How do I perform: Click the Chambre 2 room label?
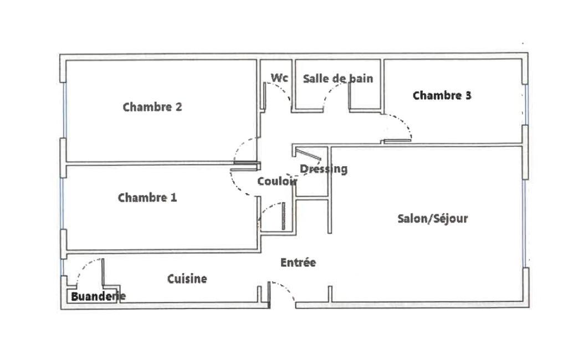pyautogui.click(x=152, y=107)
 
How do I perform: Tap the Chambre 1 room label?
pyautogui.click(x=147, y=198)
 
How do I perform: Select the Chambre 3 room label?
pyautogui.click(x=442, y=96)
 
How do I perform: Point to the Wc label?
pyautogui.click(x=280, y=78)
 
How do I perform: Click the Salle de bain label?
pyautogui.click(x=338, y=79)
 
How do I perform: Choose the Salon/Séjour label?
pyautogui.click(x=433, y=218)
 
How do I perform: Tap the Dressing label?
pyautogui.click(x=324, y=169)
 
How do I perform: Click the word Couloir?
pyautogui.click(x=277, y=181)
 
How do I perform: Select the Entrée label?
pyautogui.click(x=298, y=263)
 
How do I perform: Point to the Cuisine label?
pyautogui.click(x=187, y=279)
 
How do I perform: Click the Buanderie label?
pyautogui.click(x=98, y=297)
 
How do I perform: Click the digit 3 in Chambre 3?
pyautogui.click(x=468, y=96)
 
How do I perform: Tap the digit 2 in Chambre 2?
pyautogui.click(x=178, y=107)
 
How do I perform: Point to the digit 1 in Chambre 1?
pyautogui.click(x=174, y=198)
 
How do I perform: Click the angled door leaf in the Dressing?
pyautogui.click(x=308, y=154)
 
